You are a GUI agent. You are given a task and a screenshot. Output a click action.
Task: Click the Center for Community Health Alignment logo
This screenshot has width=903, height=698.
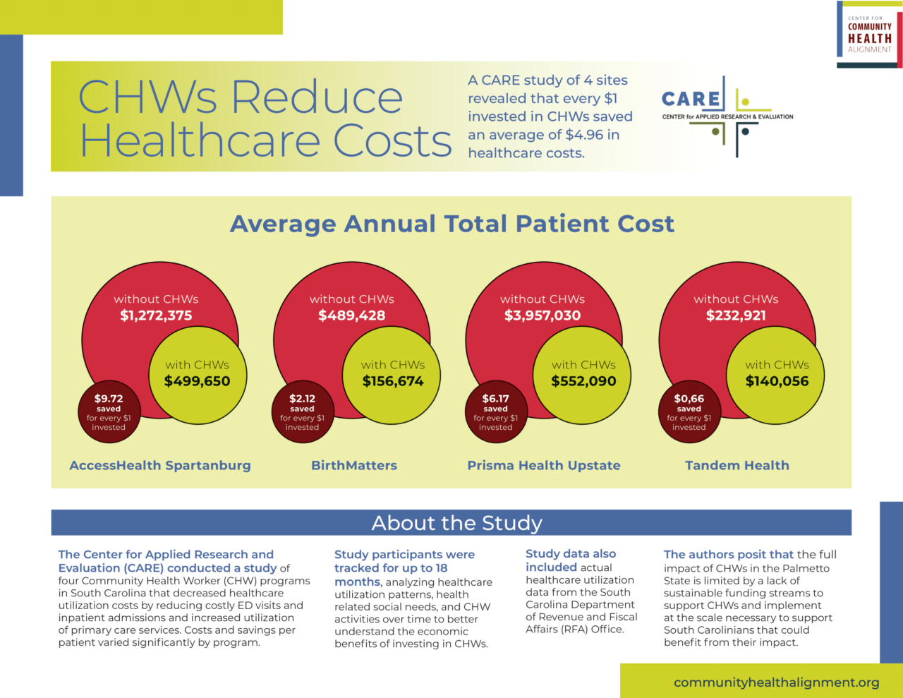pyautogui.click(x=869, y=35)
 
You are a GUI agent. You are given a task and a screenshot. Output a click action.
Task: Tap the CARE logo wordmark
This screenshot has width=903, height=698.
pyautogui.click(x=691, y=100)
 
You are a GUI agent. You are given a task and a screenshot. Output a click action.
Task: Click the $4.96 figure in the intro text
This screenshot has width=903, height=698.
pyautogui.click(x=584, y=135)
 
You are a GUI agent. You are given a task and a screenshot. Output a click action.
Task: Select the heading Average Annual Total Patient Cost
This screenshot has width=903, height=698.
pyautogui.click(x=451, y=224)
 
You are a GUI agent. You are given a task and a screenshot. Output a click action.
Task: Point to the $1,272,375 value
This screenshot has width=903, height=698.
pyautogui.click(x=156, y=315)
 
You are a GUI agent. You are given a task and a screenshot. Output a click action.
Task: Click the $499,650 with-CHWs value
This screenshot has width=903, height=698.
pyautogui.click(x=197, y=381)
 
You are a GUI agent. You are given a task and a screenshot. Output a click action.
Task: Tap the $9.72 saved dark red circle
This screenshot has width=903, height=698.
pyautogui.click(x=109, y=412)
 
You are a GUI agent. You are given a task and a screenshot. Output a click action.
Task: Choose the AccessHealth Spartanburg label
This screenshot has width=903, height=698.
pyautogui.click(x=160, y=466)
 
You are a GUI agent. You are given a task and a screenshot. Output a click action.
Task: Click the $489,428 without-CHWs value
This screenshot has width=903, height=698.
pyautogui.click(x=351, y=315)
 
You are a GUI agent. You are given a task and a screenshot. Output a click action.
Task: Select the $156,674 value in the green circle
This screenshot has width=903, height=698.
pyautogui.click(x=393, y=381)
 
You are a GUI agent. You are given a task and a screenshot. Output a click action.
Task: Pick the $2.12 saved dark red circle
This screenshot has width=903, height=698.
pyautogui.click(x=302, y=412)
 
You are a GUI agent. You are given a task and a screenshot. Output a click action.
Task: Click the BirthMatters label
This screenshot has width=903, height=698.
pyautogui.click(x=354, y=466)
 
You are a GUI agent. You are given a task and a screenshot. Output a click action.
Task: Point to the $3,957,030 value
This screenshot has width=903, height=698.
pyautogui.click(x=543, y=315)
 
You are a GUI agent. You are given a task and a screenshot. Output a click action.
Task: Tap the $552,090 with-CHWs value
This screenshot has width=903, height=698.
pyautogui.click(x=583, y=381)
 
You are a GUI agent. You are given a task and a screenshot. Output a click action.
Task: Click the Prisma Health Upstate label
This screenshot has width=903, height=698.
pyautogui.click(x=544, y=466)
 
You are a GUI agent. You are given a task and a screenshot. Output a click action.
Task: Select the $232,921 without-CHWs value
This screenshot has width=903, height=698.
pyautogui.click(x=736, y=315)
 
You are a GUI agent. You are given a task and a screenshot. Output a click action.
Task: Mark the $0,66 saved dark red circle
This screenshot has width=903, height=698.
pyautogui.click(x=689, y=412)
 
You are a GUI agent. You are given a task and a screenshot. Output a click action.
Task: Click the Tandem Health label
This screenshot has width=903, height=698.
pyautogui.click(x=737, y=466)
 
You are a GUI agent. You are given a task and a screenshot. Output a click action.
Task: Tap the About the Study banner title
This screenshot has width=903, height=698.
pyautogui.click(x=456, y=523)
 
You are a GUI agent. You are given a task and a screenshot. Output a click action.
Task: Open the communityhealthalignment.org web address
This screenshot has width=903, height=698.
pyautogui.click(x=776, y=682)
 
